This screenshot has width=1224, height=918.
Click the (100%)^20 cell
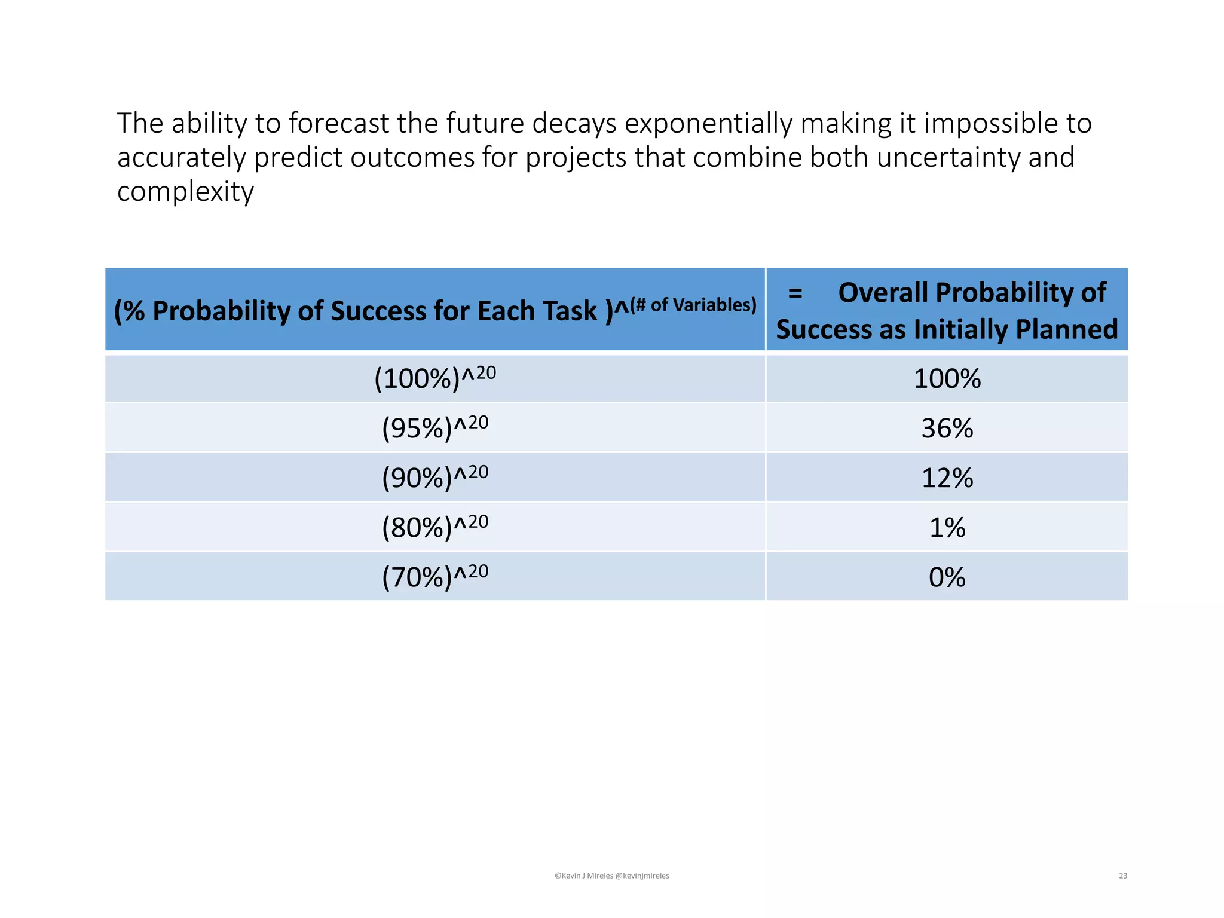coord(435,378)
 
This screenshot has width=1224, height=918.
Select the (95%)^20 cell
coord(435,428)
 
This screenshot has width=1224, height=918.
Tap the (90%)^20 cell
coord(435,478)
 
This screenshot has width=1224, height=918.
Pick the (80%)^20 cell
coord(435,527)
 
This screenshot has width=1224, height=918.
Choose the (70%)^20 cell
coord(435,577)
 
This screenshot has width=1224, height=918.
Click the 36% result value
coord(947,428)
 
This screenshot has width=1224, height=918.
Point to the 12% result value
coord(947,478)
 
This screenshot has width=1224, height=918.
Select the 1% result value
coord(947,527)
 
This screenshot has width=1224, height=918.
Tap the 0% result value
coord(947,577)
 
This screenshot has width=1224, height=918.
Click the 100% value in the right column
coord(947,378)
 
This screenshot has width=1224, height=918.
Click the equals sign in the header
coord(795,293)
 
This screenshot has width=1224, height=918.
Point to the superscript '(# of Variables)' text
coord(693,305)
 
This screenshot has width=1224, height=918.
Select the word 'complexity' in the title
coord(185,192)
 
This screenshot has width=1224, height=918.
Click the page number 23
coord(1123,876)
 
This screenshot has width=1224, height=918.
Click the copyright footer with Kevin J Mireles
coord(611,876)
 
